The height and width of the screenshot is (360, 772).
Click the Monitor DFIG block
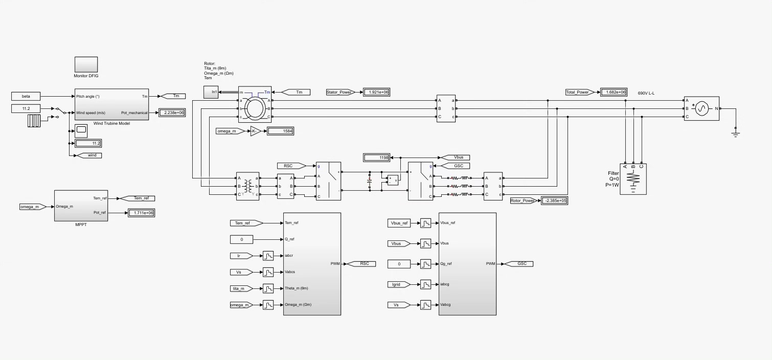click(86, 64)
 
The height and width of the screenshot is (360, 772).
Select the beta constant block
click(26, 96)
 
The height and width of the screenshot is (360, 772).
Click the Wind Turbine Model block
click(111, 104)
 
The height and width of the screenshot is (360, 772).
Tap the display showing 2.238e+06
click(172, 112)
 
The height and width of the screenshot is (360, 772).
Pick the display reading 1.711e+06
click(142, 213)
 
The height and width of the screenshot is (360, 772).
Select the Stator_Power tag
click(339, 92)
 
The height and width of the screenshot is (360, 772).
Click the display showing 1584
click(280, 131)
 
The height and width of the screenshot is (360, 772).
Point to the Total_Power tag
click(578, 92)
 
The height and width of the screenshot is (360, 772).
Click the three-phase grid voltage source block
click(701, 108)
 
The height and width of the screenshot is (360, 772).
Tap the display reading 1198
click(376, 157)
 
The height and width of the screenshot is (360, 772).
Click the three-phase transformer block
click(247, 186)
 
